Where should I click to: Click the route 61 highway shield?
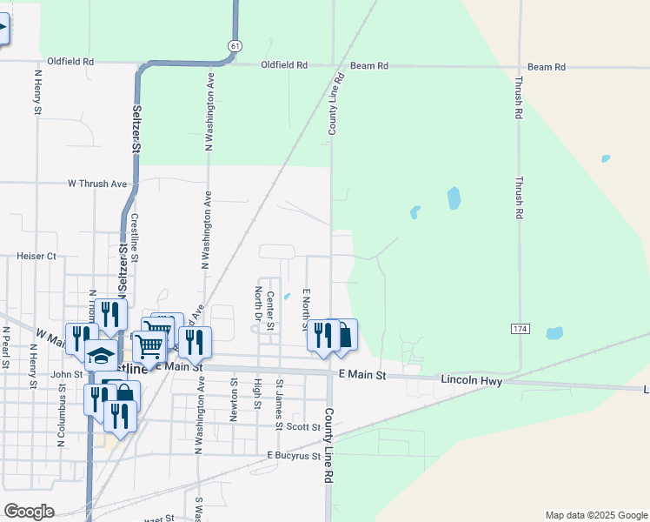235,44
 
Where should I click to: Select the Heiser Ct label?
36,257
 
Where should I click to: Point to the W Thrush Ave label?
97,184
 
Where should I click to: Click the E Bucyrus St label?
295,456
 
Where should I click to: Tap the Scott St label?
303,426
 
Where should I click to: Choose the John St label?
67,375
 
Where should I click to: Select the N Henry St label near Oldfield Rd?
38,91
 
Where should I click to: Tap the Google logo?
29,511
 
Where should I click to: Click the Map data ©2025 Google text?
595,515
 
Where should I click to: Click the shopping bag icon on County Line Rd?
344,334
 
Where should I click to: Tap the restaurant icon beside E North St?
322,334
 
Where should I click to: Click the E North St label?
306,310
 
